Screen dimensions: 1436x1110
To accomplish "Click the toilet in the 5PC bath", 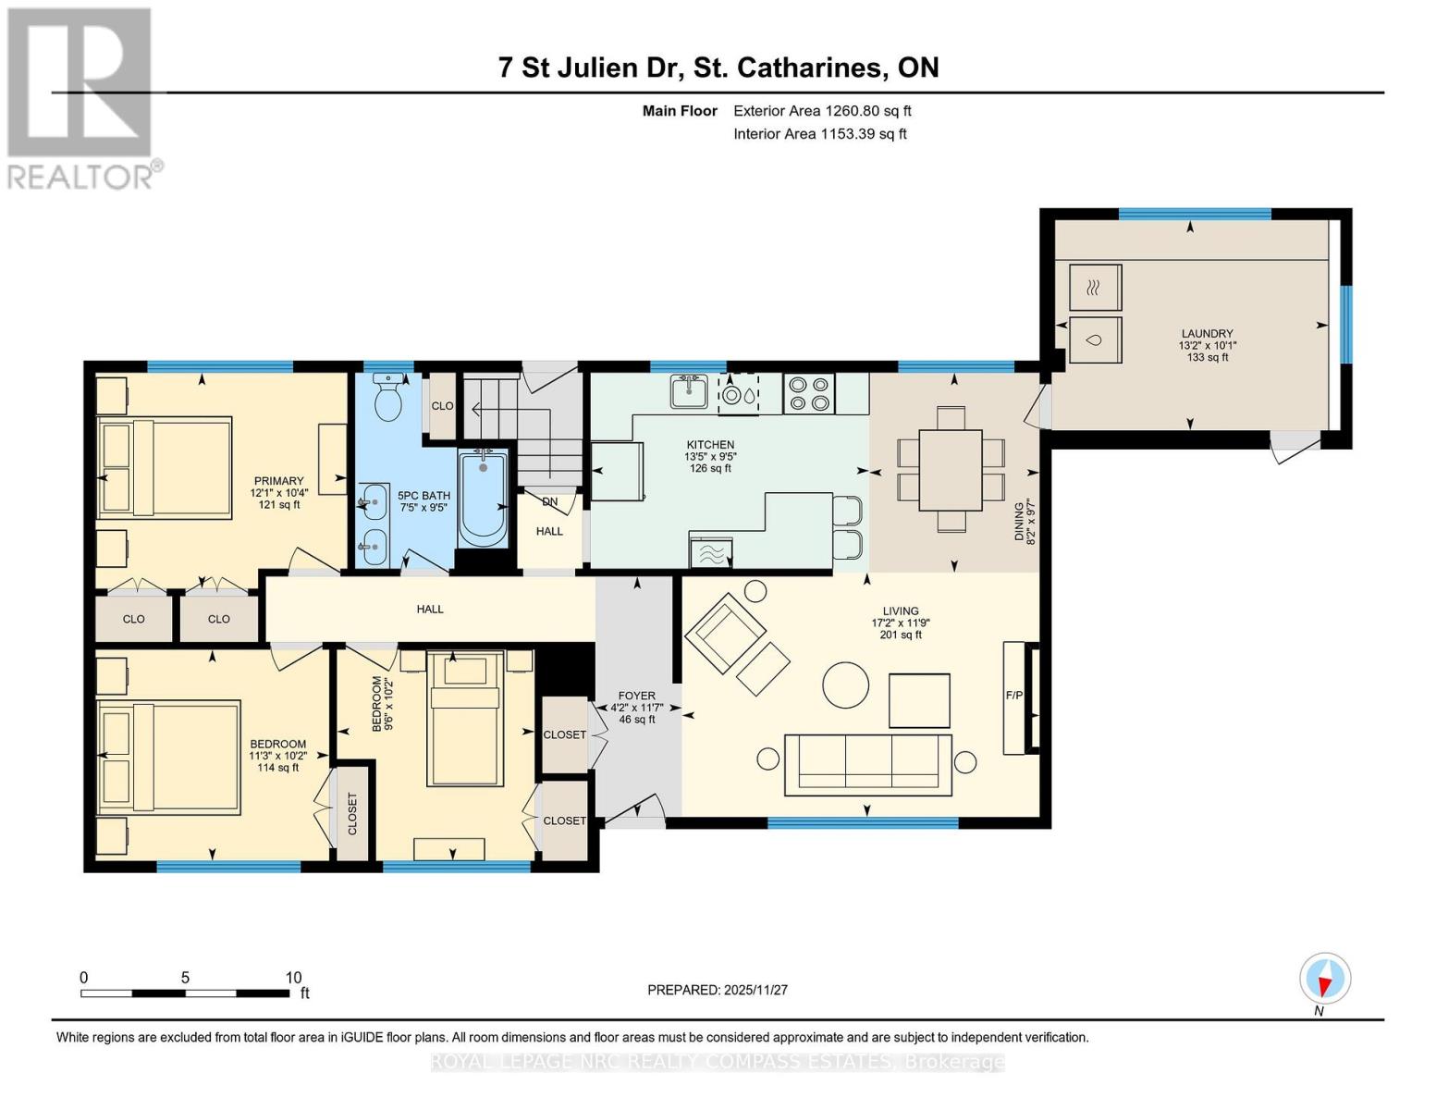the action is coord(388,397).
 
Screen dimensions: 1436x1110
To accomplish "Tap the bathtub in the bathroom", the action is coord(483,498).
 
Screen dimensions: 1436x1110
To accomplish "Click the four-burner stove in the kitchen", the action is coord(809,394).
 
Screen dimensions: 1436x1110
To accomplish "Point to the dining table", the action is coord(951,470).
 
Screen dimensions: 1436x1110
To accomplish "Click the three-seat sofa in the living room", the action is coord(867,765).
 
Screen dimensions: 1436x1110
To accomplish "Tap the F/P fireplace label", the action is coord(1013,695).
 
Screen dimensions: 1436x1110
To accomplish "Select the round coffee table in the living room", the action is coord(845,685).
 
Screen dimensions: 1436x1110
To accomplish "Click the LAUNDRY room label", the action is coord(1208,334).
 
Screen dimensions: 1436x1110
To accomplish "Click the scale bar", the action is coord(185,993).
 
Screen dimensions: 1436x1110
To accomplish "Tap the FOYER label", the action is coord(636,696).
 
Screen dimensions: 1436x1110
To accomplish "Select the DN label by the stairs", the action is coord(550,501).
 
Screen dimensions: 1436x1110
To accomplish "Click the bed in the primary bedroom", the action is coord(165,467).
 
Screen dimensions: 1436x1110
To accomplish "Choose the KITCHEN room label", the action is coord(710,445).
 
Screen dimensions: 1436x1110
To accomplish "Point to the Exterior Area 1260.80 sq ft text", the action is coord(822,111).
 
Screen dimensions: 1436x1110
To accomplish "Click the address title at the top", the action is coord(718,68).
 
